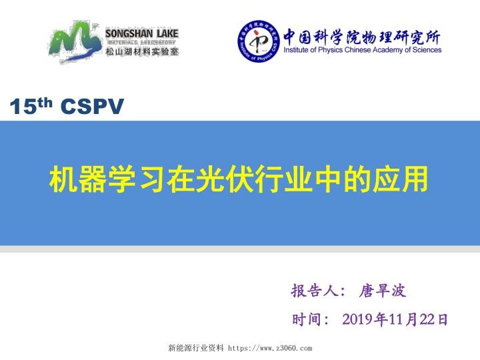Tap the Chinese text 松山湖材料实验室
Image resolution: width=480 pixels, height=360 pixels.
(x=142, y=51)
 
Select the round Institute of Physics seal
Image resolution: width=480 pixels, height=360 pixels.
(x=259, y=41)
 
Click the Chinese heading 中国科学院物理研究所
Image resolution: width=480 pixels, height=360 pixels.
(x=362, y=35)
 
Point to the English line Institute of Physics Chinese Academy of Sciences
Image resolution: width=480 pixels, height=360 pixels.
(x=362, y=50)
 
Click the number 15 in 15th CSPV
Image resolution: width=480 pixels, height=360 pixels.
(x=23, y=106)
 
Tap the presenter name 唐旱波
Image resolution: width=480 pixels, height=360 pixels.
(x=383, y=291)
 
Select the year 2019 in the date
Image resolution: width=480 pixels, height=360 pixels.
(x=358, y=320)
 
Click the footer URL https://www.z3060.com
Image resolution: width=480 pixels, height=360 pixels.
(x=270, y=348)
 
